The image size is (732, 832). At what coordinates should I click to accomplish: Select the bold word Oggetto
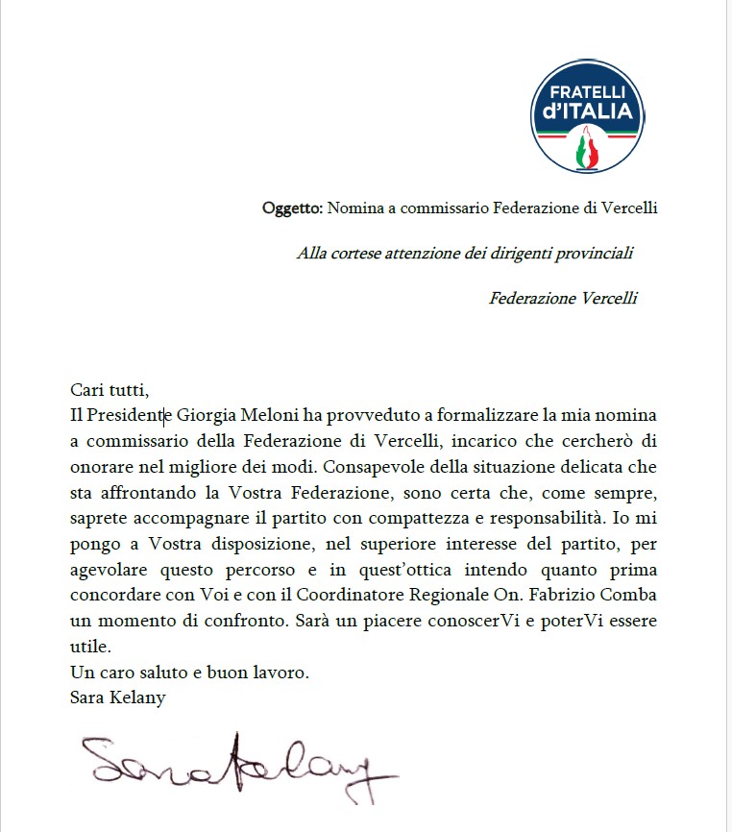click(x=292, y=208)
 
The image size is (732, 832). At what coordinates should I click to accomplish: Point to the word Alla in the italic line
click(x=311, y=253)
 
